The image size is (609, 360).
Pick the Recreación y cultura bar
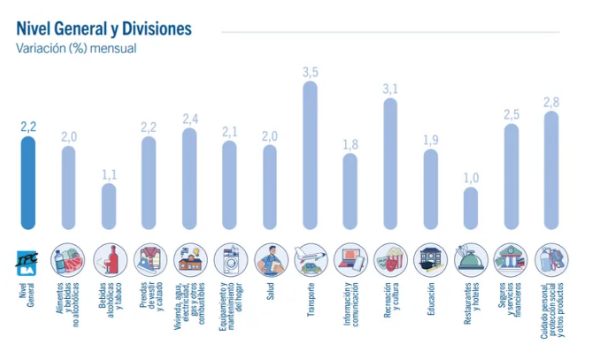click(x=390, y=165)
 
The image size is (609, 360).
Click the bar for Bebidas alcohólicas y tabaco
click(x=109, y=206)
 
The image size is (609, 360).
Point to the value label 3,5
click(x=311, y=73)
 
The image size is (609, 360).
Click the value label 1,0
click(x=471, y=178)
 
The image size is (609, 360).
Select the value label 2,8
click(x=551, y=103)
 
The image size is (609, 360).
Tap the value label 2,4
click(x=190, y=119)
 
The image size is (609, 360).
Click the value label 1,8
click(x=351, y=144)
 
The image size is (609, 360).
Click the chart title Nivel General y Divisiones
click(x=104, y=29)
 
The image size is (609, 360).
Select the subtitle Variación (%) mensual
click(x=76, y=48)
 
